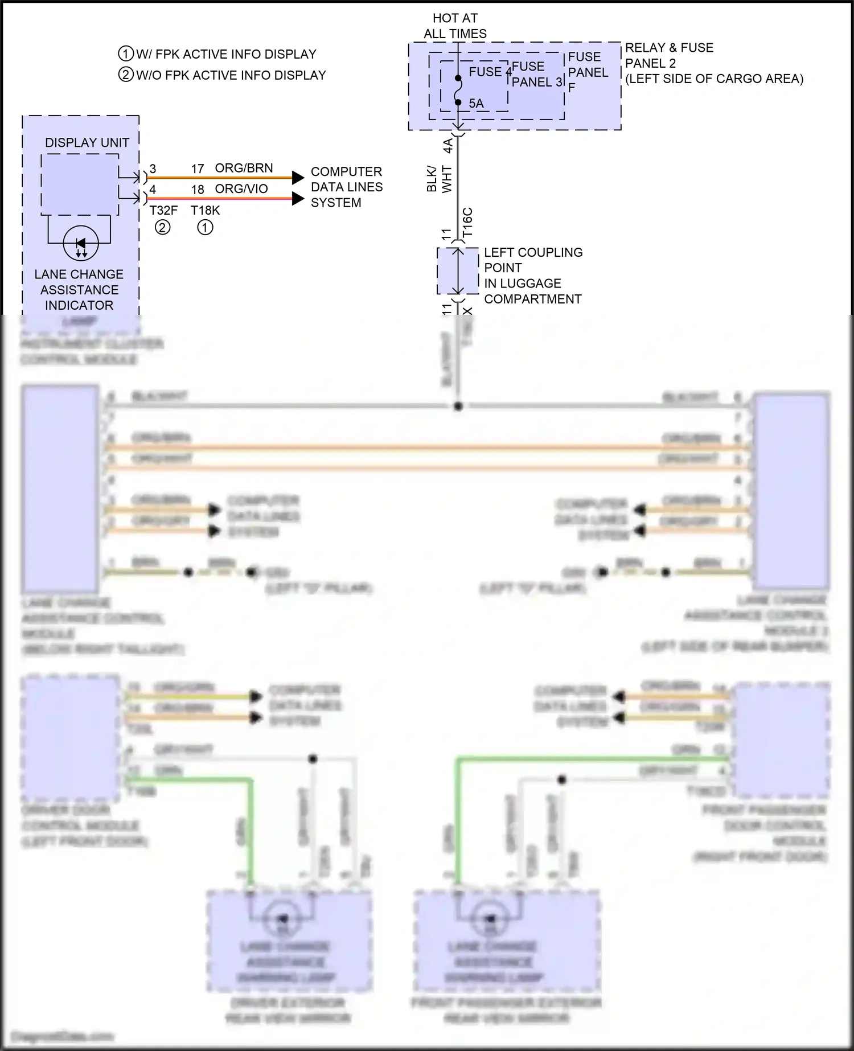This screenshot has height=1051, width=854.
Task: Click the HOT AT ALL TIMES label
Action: click(x=455, y=26)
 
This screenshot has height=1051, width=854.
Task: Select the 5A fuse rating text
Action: click(x=476, y=104)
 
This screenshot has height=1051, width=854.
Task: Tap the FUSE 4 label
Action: click(x=490, y=72)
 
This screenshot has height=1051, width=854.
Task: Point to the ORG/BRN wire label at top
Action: click(x=244, y=169)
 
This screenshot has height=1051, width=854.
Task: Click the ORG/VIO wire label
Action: click(x=241, y=189)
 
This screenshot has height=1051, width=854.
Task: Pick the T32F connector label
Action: click(x=163, y=211)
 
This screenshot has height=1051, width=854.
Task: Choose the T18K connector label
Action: click(x=205, y=211)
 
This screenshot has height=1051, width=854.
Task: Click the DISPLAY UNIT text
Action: click(x=87, y=143)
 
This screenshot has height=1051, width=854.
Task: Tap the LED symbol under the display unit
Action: click(x=80, y=244)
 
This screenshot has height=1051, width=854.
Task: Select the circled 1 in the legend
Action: click(x=125, y=54)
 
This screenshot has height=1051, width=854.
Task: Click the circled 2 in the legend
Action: click(x=125, y=75)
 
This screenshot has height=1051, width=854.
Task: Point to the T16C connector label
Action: click(x=467, y=223)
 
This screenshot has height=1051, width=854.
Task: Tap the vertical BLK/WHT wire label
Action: click(x=439, y=179)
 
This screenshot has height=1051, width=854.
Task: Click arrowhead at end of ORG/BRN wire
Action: click(x=298, y=178)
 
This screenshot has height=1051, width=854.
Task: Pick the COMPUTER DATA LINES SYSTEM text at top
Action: click(x=346, y=187)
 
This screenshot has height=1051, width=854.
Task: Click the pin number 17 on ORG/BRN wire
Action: click(x=197, y=169)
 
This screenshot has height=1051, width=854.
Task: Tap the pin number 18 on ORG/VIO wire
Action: click(x=197, y=190)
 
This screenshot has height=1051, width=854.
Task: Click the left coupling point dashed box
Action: click(x=457, y=271)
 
